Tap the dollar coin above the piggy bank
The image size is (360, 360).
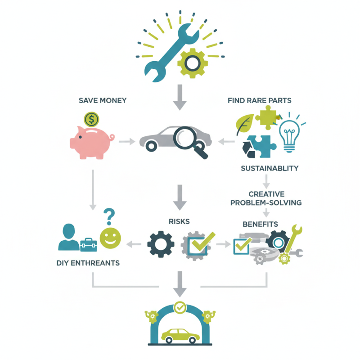(91, 119)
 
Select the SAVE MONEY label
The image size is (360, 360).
(103, 100)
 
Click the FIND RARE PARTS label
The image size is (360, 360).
(260, 100)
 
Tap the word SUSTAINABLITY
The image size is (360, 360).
(270, 168)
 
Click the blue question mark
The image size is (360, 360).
(109, 216)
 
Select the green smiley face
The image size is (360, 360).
(110, 238)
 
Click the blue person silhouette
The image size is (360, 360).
(69, 237)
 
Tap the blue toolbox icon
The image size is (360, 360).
(88, 245)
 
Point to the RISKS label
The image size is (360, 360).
(179, 221)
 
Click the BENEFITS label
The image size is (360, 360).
(261, 224)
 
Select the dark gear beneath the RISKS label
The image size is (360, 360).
(161, 244)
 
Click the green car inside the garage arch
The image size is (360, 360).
(180, 336)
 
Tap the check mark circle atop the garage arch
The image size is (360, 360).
(180, 307)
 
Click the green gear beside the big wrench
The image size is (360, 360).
(193, 63)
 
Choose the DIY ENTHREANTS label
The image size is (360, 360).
(88, 263)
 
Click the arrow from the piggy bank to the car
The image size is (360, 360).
(127, 142)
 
